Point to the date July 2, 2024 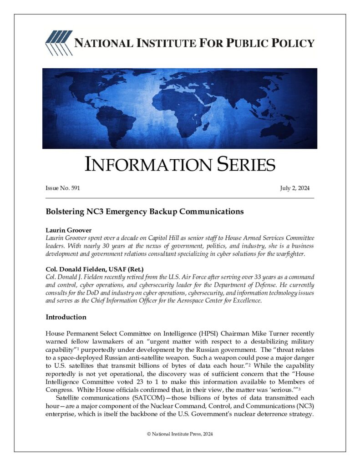click(294, 188)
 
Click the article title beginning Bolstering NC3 click(145, 212)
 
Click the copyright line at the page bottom click(180, 434)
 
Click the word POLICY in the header click(290, 44)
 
